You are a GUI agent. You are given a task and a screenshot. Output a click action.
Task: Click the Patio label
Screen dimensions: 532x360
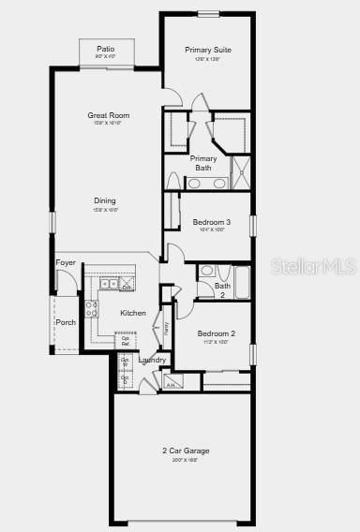(x=105, y=49)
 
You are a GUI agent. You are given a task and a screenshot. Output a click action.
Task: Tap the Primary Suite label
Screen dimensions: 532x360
(x=207, y=50)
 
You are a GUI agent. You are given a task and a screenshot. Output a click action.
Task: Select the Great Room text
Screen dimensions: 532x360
(x=109, y=115)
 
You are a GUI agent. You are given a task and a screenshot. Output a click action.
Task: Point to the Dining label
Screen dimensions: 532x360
(x=105, y=200)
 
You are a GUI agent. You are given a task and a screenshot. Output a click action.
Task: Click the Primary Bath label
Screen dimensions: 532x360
(x=203, y=163)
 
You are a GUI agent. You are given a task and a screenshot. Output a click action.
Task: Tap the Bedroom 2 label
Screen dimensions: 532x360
(x=216, y=333)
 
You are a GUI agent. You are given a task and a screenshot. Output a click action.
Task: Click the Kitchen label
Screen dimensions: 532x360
(x=133, y=312)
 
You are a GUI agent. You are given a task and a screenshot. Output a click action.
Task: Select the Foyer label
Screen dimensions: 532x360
(x=66, y=262)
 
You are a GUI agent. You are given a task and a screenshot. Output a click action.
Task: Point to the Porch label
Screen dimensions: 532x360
(x=66, y=322)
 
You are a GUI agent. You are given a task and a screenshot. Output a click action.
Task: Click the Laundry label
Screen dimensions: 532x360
(x=152, y=360)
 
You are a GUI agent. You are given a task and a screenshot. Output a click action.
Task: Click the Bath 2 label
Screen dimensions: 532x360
(x=222, y=289)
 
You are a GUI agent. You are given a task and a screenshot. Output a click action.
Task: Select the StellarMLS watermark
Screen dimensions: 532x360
(x=313, y=267)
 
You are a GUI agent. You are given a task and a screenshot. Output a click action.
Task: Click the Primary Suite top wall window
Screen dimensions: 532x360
(x=208, y=13)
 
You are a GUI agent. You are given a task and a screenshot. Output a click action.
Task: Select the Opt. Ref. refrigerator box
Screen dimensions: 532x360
(x=125, y=340)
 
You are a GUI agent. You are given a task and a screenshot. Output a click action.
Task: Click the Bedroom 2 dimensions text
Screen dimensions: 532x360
(x=216, y=342)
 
